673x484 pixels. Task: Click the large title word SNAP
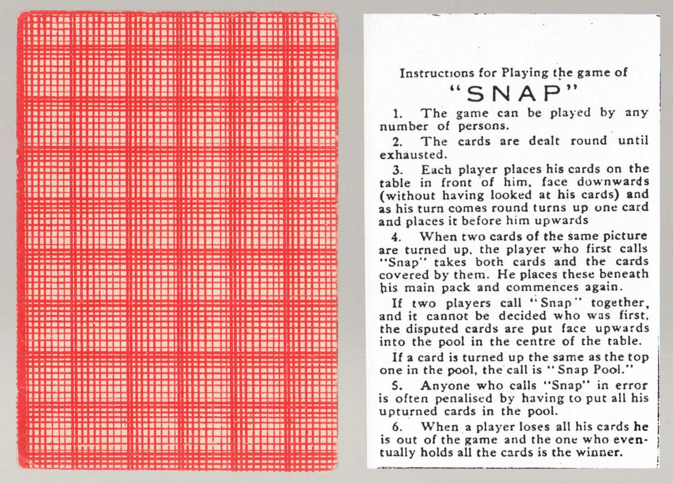pos(514,94)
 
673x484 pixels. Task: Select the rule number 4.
pos(396,237)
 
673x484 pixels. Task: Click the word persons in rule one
pos(483,127)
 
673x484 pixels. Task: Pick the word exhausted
pos(413,155)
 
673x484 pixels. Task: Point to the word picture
pos(625,236)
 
